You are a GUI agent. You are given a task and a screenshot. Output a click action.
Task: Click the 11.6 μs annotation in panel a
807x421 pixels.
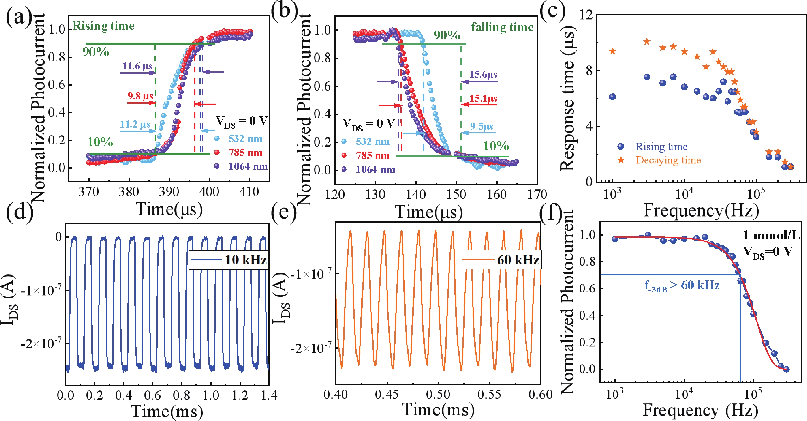(x=137, y=66)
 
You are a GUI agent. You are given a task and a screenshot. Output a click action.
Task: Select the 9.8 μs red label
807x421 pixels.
(x=140, y=96)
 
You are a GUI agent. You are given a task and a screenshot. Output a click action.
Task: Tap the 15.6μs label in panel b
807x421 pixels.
(x=483, y=75)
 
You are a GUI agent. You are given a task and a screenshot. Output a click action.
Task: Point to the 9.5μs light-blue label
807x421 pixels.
(x=481, y=127)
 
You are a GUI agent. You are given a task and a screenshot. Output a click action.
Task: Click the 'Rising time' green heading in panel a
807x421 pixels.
(x=104, y=26)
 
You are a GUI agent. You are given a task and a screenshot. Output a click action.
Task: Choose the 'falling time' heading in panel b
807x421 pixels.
(x=502, y=27)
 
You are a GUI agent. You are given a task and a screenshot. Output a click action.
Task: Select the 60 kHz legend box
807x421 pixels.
(x=501, y=260)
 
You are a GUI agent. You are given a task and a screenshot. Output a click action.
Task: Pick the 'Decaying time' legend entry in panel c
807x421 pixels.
(x=668, y=160)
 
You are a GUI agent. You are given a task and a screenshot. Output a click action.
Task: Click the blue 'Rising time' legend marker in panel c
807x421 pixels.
(x=620, y=146)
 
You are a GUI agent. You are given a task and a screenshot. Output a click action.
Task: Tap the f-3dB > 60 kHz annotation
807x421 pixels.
(x=682, y=285)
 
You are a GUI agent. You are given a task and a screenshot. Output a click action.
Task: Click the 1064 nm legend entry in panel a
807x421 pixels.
(x=247, y=166)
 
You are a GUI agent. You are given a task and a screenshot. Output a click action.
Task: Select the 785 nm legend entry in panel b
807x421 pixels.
(x=373, y=155)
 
